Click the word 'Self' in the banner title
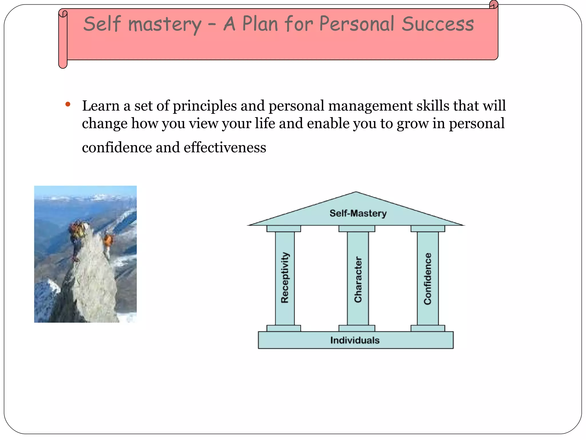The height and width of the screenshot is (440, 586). click(102, 24)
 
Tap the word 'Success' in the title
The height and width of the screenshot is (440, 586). click(437, 24)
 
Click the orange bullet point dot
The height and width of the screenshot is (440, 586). click(68, 104)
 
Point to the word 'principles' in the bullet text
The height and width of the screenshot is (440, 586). click(205, 106)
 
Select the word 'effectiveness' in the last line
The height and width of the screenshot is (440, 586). click(225, 148)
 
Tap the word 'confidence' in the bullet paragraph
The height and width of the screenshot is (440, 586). click(117, 148)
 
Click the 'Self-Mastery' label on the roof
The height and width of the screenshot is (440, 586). click(358, 213)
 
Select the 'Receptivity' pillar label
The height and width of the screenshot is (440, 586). click(285, 277)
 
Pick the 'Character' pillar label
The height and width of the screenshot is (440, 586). click(358, 279)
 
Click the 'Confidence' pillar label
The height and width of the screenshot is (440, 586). click(427, 278)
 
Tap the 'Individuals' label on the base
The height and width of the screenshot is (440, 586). click(355, 340)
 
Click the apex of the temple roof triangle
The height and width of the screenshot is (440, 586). click(356, 192)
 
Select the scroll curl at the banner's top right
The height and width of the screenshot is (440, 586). click(494, 5)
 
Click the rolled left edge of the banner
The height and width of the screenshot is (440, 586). click(63, 39)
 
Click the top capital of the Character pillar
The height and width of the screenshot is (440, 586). click(357, 229)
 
